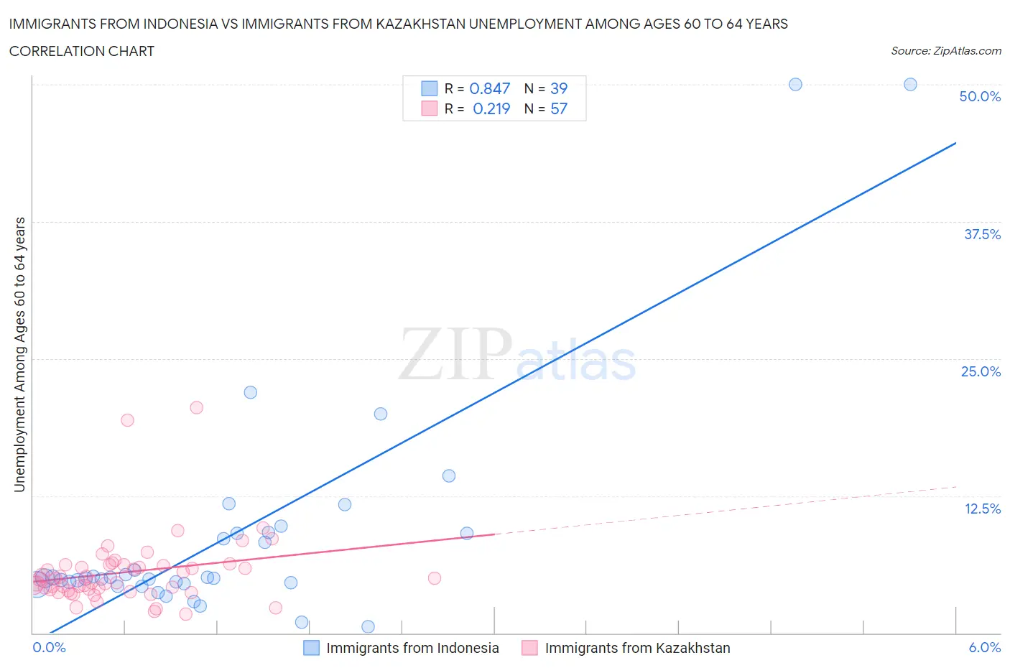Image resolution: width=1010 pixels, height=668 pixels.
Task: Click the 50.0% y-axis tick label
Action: tap(980, 96)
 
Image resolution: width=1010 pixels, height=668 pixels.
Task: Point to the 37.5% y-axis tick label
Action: tap(982, 234)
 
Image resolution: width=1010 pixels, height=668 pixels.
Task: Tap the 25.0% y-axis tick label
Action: tap(981, 371)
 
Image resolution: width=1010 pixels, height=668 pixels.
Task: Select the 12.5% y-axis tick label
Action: tap(982, 509)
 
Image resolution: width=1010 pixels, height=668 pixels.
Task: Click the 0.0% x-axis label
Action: tap(49, 647)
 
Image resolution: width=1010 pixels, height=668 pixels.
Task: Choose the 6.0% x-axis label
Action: tap(984, 647)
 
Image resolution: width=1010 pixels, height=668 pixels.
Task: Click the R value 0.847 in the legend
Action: tap(489, 88)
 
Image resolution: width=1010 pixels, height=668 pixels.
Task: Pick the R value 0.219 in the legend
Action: tap(491, 108)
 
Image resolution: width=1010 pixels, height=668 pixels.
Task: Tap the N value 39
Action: tap(559, 88)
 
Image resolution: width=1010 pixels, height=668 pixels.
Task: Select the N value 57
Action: tap(559, 108)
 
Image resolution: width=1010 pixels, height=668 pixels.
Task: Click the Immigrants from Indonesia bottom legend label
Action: tap(412, 648)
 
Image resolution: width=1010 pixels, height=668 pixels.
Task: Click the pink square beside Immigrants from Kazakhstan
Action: tap(529, 648)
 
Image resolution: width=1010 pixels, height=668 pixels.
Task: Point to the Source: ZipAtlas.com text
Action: tap(945, 51)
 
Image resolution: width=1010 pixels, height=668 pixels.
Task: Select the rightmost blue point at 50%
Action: tap(910, 84)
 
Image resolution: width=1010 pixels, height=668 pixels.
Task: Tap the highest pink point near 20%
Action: tap(196, 407)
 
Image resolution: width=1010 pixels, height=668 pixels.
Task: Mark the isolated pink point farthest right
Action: tap(434, 578)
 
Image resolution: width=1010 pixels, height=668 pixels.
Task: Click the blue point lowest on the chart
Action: tap(368, 626)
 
